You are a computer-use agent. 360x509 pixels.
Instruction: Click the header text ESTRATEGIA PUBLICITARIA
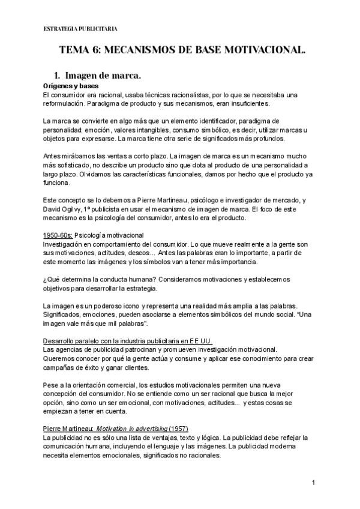coord(80,29)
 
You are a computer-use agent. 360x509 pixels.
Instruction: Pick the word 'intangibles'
coord(169,130)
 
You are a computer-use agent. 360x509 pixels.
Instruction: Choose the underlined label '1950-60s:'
coord(59,235)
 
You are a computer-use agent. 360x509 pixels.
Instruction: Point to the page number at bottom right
coord(314,483)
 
